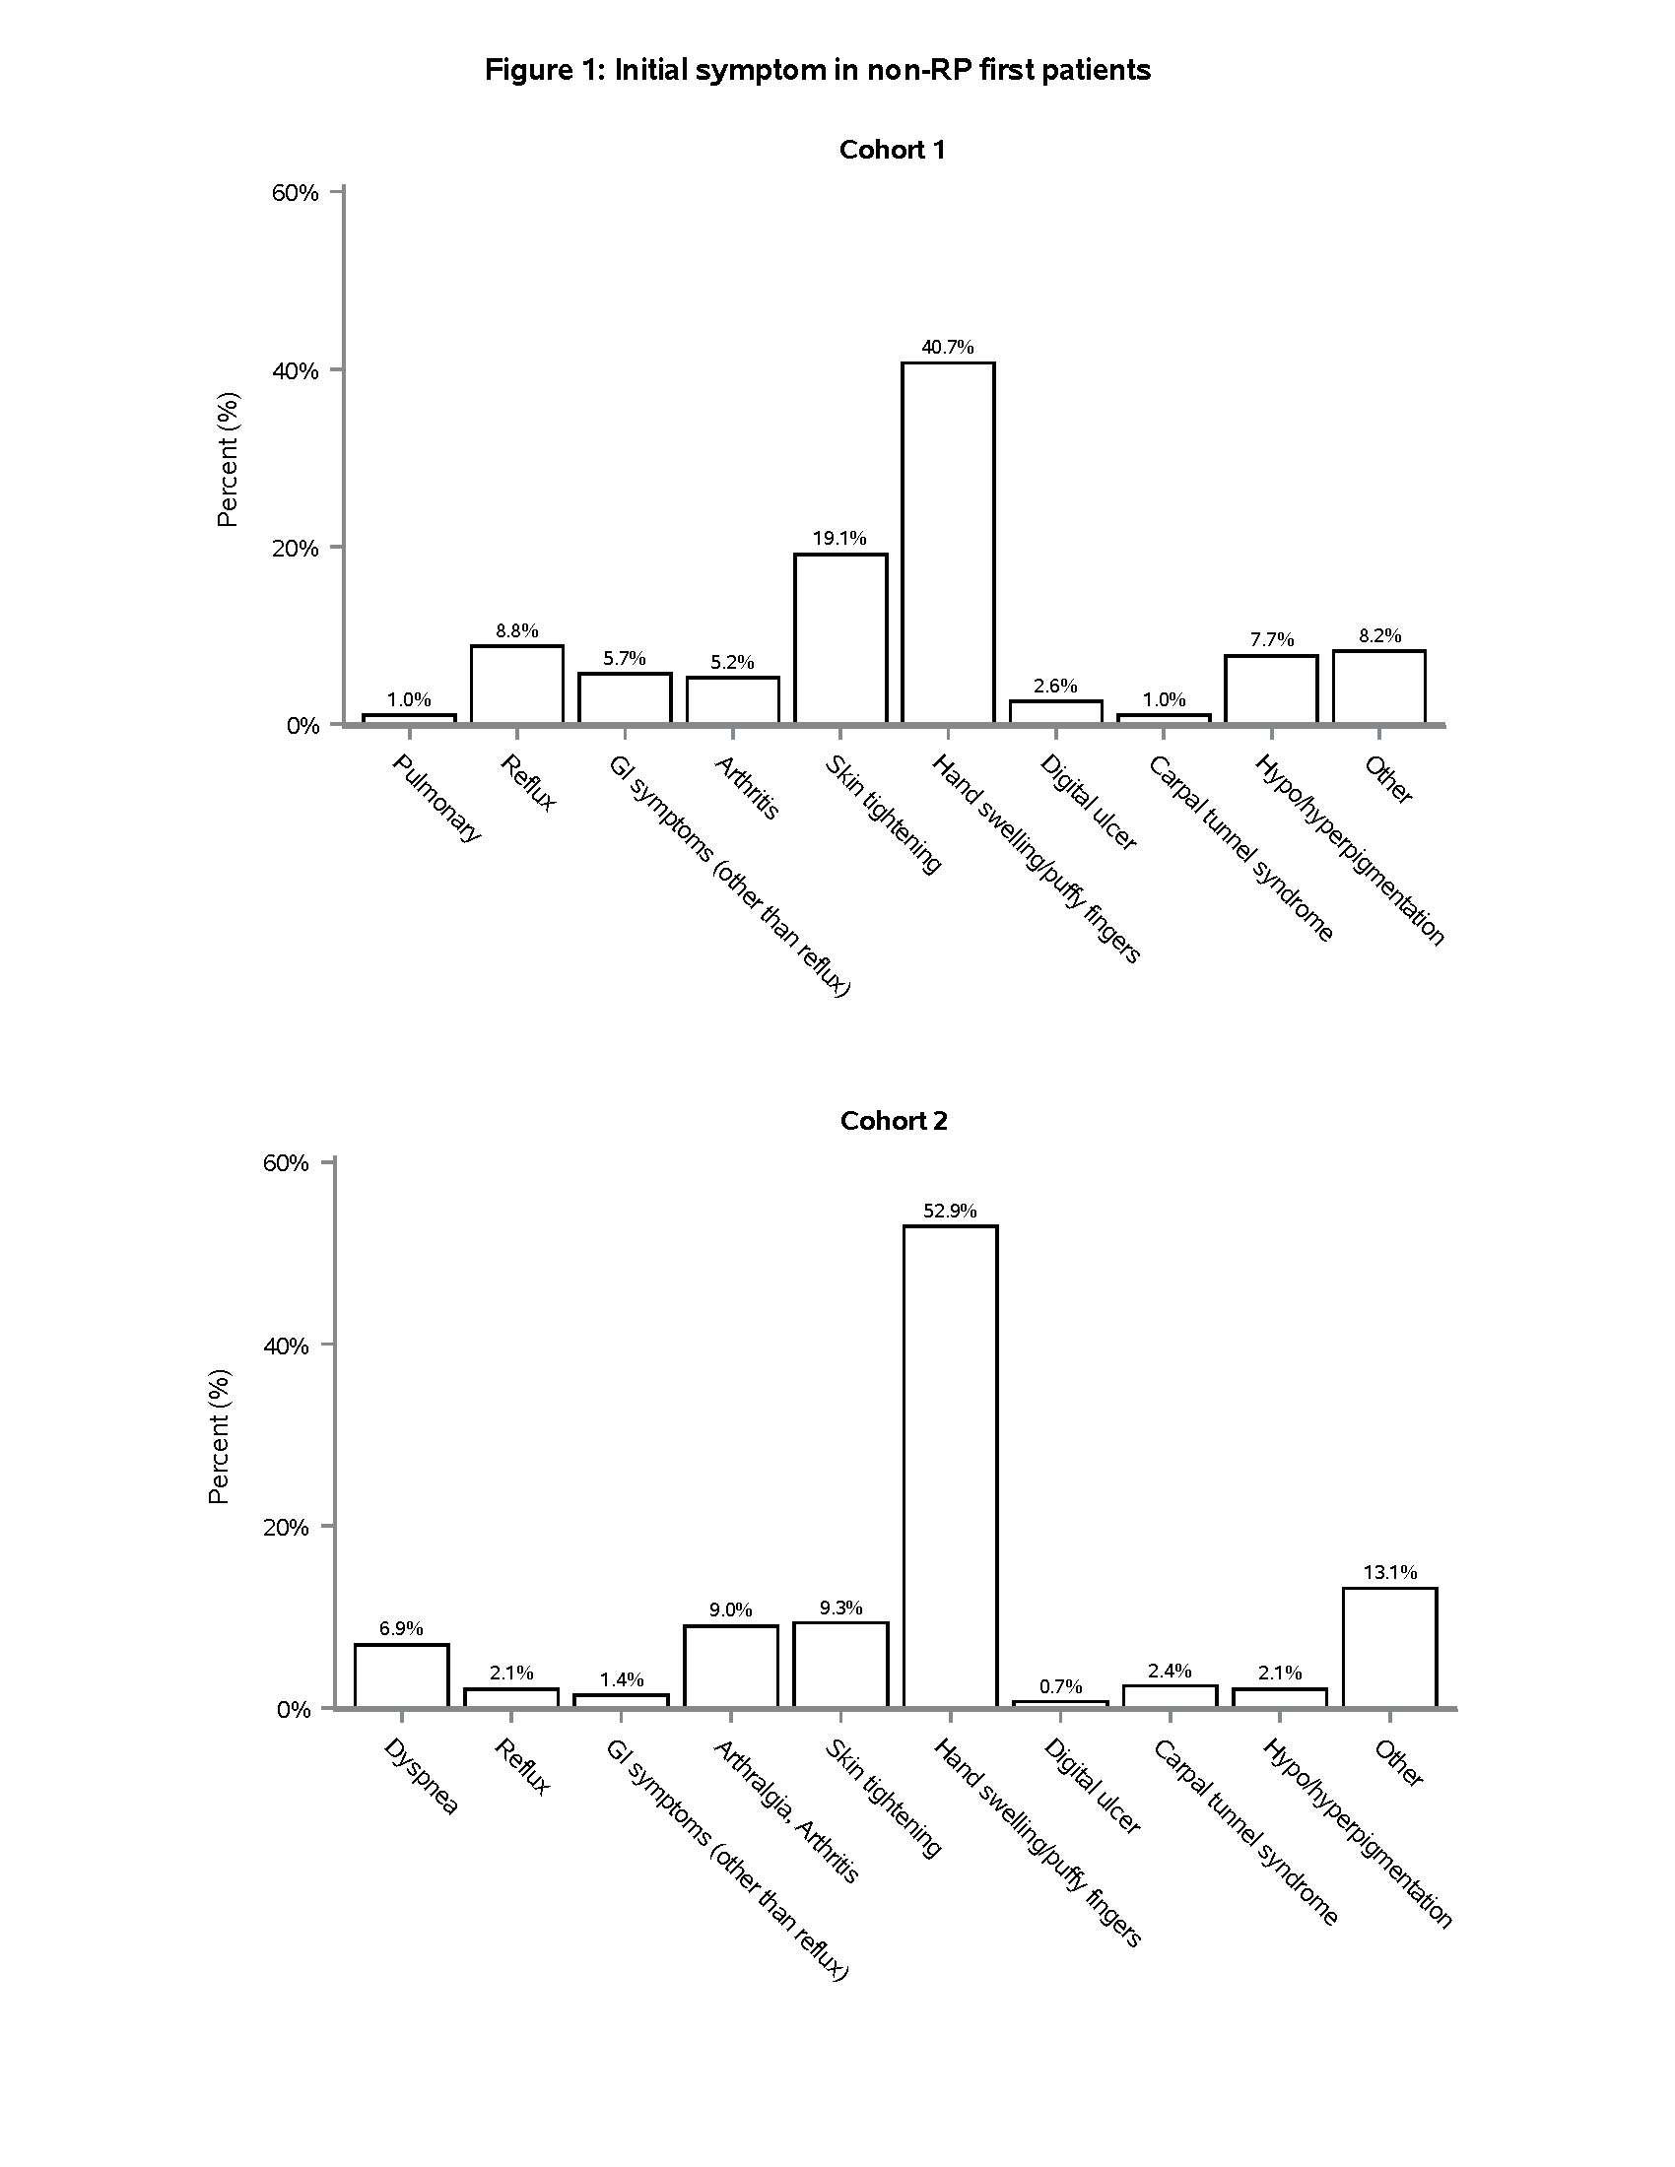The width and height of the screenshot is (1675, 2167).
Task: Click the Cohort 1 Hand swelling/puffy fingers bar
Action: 948,543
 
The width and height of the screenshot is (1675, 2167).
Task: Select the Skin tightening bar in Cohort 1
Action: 840,638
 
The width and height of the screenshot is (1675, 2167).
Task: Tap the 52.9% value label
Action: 950,1211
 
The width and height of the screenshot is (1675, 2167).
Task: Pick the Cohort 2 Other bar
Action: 1389,1647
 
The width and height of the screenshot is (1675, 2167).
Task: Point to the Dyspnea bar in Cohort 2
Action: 401,1675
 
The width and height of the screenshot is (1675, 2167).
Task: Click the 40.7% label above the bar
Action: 948,348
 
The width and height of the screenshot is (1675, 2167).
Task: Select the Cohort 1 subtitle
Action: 892,150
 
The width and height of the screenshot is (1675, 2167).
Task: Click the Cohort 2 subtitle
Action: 893,1121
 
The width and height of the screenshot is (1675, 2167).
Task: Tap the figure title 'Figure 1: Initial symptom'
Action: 818,71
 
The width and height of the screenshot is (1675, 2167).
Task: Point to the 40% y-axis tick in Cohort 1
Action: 296,371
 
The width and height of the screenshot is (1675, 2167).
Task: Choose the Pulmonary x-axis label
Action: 437,798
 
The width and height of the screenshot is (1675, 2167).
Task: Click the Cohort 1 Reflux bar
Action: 517,685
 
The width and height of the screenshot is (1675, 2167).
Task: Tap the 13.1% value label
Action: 1389,1572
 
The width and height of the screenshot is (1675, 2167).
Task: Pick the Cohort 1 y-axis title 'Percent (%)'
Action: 228,459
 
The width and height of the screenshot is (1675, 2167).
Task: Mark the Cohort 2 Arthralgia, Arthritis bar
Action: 730,1667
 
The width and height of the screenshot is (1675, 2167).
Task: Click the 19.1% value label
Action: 839,539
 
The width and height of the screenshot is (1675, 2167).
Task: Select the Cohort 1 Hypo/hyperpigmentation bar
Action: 1271,689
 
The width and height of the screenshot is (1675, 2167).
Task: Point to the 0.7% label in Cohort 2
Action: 1060,1686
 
